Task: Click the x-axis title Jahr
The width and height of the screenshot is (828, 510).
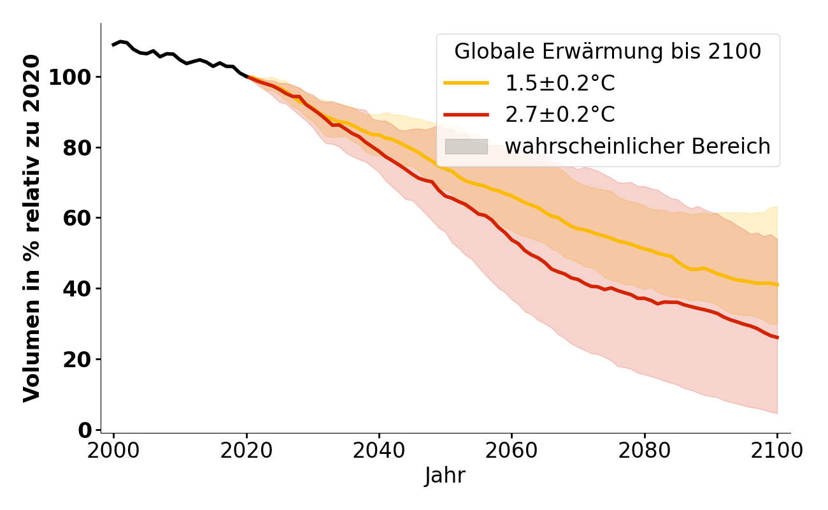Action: [445, 476]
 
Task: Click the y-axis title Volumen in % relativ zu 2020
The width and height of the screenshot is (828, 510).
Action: [32, 228]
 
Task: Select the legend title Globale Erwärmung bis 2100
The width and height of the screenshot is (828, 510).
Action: [608, 52]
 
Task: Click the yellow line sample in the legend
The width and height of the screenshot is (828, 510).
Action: [466, 83]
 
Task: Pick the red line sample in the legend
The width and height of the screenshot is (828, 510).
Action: [466, 115]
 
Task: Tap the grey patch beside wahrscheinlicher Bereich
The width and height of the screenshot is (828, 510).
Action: [466, 147]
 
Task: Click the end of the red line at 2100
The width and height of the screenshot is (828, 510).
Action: [777, 337]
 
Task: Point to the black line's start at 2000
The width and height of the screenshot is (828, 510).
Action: [113, 45]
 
